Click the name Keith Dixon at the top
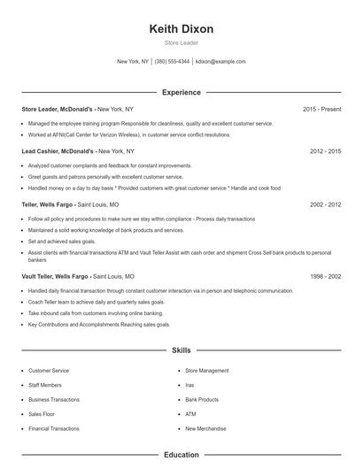(x=181, y=29)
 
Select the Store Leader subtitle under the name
(x=181, y=42)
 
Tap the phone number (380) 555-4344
(x=172, y=62)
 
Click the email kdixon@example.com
(x=220, y=62)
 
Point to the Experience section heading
(x=181, y=92)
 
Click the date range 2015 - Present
(x=321, y=109)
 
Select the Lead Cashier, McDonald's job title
(x=58, y=151)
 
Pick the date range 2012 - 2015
(x=325, y=151)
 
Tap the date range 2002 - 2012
(x=325, y=204)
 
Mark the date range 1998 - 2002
(x=325, y=276)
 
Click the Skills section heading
(x=181, y=350)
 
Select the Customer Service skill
(x=48, y=371)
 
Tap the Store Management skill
(x=206, y=371)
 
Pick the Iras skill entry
(x=189, y=385)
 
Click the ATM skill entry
(x=190, y=413)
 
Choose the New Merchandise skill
(x=205, y=428)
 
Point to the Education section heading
(x=181, y=455)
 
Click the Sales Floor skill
(x=42, y=413)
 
